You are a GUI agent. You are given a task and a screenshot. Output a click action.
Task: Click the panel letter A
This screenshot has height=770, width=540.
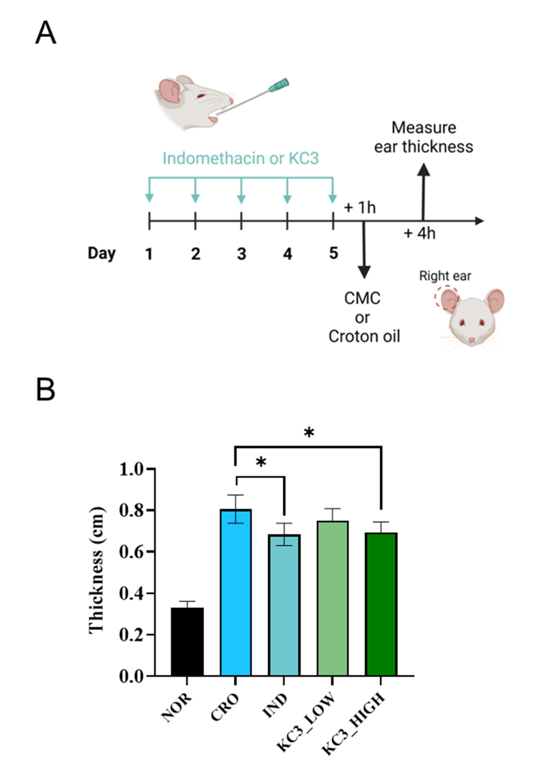click(46, 32)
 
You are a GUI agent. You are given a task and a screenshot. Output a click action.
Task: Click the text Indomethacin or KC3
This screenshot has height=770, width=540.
click(241, 158)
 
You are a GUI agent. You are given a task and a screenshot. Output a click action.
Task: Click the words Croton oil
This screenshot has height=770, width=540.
click(364, 336)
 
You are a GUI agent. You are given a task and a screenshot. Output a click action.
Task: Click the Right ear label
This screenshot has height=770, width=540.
click(445, 276)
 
